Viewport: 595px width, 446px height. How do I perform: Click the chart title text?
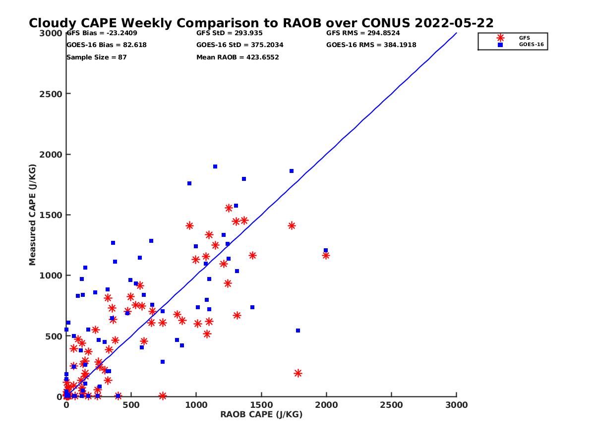coord(261,23)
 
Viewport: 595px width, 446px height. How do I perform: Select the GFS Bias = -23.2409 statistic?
coord(102,33)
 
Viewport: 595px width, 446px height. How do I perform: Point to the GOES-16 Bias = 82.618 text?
coord(106,45)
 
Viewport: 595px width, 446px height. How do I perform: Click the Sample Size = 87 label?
coord(96,57)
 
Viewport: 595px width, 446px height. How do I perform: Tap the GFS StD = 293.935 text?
coord(229,33)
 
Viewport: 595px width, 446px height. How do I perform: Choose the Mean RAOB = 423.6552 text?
coord(238,57)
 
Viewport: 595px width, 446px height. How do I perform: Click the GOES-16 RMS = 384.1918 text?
coord(371,45)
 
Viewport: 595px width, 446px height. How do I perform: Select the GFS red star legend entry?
coord(501,38)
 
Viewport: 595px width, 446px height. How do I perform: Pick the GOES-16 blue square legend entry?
coord(501,45)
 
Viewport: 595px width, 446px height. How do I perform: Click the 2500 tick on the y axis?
coord(49,94)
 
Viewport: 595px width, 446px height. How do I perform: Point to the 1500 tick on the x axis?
coord(261,405)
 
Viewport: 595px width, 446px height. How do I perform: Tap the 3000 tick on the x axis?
coord(457,405)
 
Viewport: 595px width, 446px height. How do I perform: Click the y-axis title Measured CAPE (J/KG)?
coord(33,215)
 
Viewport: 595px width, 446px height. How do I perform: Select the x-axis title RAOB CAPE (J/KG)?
coord(261,414)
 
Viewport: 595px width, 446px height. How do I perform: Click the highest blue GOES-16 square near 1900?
coord(215,167)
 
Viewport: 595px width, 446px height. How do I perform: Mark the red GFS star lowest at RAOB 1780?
coord(298,373)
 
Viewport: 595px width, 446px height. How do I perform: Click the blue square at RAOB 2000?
coord(326,250)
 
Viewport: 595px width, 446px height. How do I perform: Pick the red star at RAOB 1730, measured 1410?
coord(292,225)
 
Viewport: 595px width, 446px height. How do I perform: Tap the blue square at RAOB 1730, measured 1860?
coord(292,171)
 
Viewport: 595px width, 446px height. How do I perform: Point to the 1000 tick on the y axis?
coord(49,276)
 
